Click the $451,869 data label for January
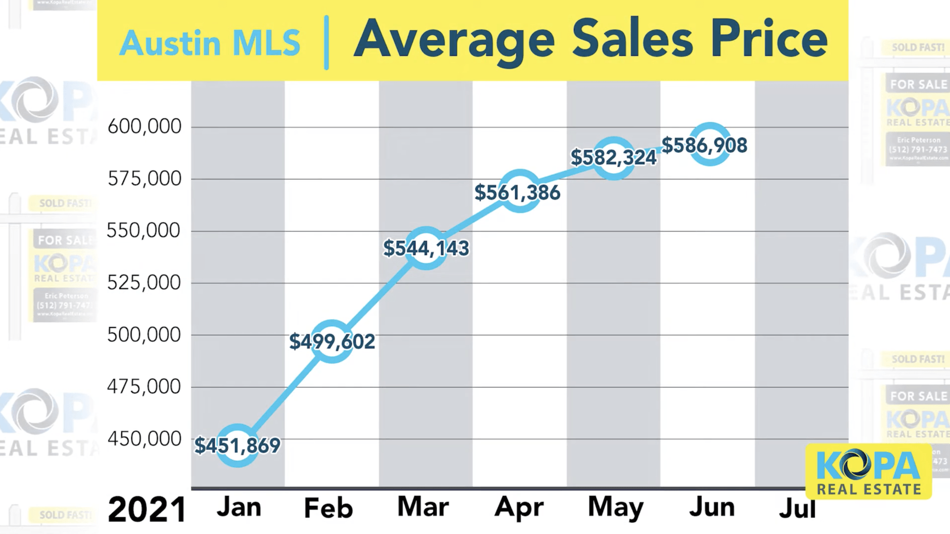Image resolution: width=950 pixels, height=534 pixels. pos(237,445)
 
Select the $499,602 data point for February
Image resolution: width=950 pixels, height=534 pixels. pos(332,342)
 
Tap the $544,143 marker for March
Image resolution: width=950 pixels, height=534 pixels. pos(426,248)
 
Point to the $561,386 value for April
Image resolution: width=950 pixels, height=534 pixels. pos(518,192)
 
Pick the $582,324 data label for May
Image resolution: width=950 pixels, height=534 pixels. pos(614,158)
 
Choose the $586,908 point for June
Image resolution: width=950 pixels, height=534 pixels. pos(705,145)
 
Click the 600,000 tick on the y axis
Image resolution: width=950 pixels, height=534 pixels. pos(144,127)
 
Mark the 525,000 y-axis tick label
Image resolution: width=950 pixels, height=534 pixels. pos(144,283)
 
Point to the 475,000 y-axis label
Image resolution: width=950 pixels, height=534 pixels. pos(144,387)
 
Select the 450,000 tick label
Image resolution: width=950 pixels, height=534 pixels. pos(144,439)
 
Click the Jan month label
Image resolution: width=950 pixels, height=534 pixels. pos(239,507)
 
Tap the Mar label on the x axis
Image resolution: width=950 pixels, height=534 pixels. pos(423,507)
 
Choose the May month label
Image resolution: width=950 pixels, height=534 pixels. pos(616,508)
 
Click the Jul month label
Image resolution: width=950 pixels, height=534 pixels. pos(797,509)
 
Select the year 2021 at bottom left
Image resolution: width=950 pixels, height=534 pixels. pos(147,510)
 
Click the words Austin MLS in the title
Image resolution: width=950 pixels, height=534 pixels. pos(210,44)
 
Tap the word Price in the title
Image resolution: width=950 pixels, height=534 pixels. pos(769,40)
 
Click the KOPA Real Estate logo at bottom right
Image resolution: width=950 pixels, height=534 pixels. pos(868,472)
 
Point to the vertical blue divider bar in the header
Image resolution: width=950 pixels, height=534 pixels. pos(327,43)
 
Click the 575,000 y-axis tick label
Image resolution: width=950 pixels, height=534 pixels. pos(144,179)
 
